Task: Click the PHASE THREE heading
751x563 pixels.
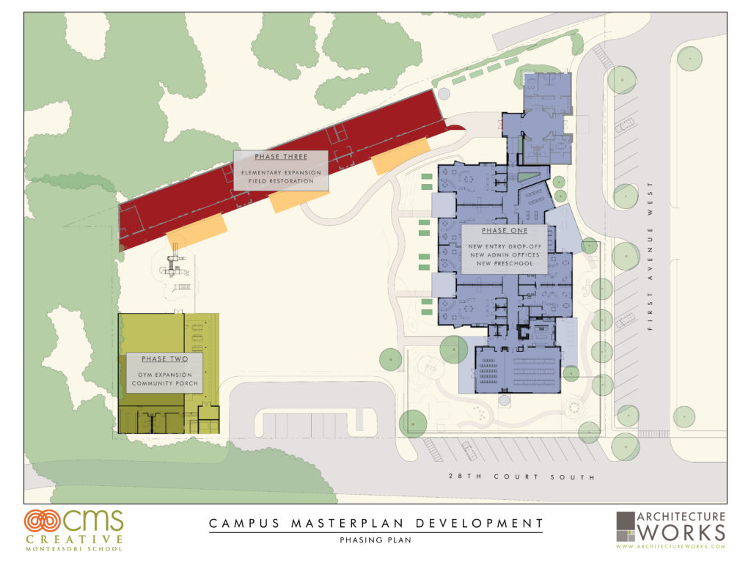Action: [280, 158]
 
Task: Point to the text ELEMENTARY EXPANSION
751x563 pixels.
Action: [281, 172]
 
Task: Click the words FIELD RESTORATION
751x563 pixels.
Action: [281, 181]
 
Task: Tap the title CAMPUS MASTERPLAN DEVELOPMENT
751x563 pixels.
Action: [375, 523]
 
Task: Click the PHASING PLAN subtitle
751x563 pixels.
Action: [375, 540]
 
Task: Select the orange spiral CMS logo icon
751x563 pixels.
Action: [42, 521]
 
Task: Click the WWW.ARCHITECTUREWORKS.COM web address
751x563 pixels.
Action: [670, 546]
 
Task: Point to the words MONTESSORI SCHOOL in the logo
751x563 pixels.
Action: [73, 548]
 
